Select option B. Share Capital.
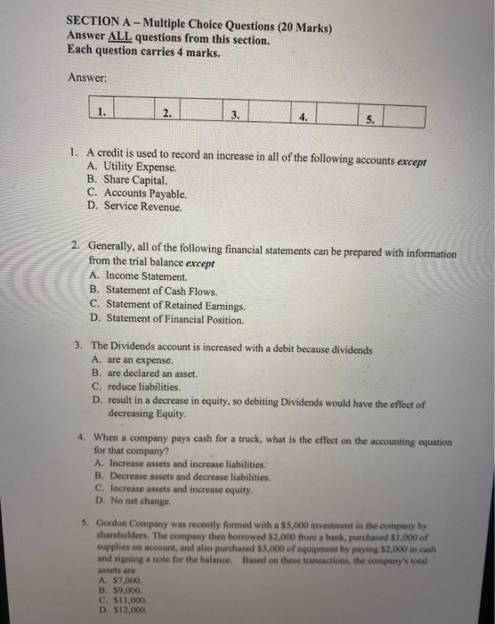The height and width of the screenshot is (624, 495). pyautogui.click(x=128, y=180)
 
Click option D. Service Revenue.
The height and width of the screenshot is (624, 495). pyautogui.click(x=135, y=207)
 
